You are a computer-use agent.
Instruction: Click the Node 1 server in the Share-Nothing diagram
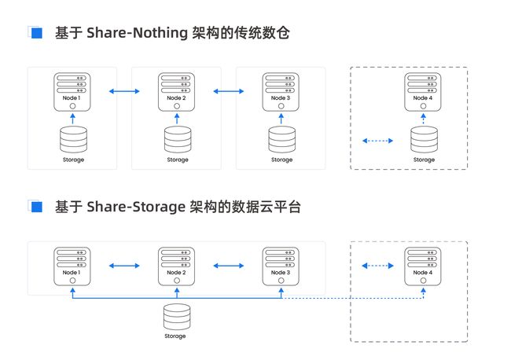pyautogui.click(x=72, y=92)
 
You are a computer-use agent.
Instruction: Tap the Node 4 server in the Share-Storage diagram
pyautogui.click(x=423, y=266)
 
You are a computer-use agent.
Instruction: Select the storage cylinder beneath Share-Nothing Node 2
pyautogui.click(x=178, y=139)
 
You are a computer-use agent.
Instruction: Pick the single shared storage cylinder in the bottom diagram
pyautogui.click(x=177, y=317)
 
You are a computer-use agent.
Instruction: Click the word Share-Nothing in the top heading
pyautogui.click(x=138, y=33)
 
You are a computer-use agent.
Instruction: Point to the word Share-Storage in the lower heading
pyautogui.click(x=136, y=207)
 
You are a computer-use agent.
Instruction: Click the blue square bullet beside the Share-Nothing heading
pyautogui.click(x=36, y=33)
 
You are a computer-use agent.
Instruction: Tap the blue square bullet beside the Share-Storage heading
pyautogui.click(x=36, y=207)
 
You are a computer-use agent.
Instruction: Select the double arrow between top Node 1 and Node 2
pyautogui.click(x=124, y=91)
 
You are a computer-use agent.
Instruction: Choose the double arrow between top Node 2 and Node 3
pyautogui.click(x=229, y=91)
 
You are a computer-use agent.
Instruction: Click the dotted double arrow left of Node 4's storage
pyautogui.click(x=377, y=141)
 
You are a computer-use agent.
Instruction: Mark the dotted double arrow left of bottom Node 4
pyautogui.click(x=377, y=266)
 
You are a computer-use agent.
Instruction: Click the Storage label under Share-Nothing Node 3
pyautogui.click(x=282, y=160)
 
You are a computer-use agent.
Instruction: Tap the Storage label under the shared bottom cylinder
pyautogui.click(x=175, y=336)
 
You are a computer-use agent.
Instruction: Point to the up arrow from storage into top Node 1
pyautogui.click(x=72, y=119)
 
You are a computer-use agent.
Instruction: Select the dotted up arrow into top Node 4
pyautogui.click(x=423, y=119)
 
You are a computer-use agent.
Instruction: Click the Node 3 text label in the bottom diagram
pyautogui.click(x=281, y=273)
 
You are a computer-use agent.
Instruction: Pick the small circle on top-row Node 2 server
pyautogui.click(x=177, y=106)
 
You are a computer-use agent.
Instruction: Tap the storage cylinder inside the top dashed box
pyautogui.click(x=424, y=139)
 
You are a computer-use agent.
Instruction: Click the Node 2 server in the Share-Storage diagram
pyautogui.click(x=176, y=266)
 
